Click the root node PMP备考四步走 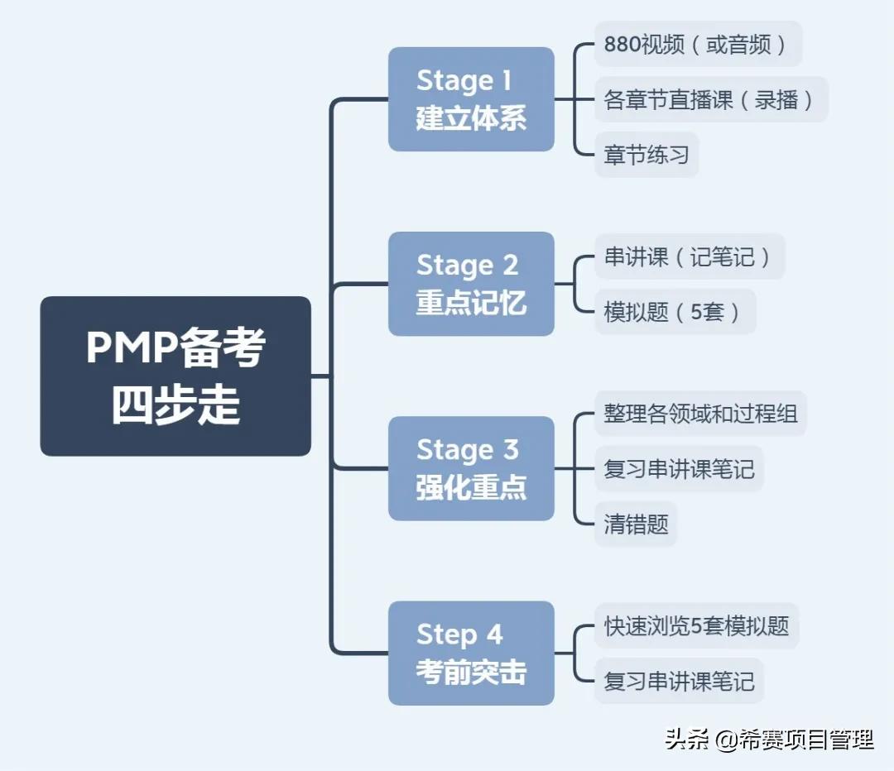tap(175, 376)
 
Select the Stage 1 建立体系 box tap(471, 99)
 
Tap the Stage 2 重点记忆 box tap(471, 284)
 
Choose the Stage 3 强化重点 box tap(471, 468)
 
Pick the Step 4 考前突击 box tap(471, 653)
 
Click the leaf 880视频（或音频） tap(698, 44)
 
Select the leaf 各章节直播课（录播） tap(710, 99)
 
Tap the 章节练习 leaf tap(646, 155)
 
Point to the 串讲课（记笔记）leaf tap(689, 256)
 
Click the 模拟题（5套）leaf tap(675, 312)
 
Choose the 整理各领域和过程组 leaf tap(700, 413)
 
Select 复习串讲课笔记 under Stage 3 tap(679, 469)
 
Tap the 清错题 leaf tap(636, 524)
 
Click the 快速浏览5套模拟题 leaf tap(696, 625)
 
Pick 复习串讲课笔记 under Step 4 tap(679, 681)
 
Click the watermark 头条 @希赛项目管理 tap(769, 739)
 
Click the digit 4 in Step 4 tap(494, 635)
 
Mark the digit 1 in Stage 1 tap(507, 81)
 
